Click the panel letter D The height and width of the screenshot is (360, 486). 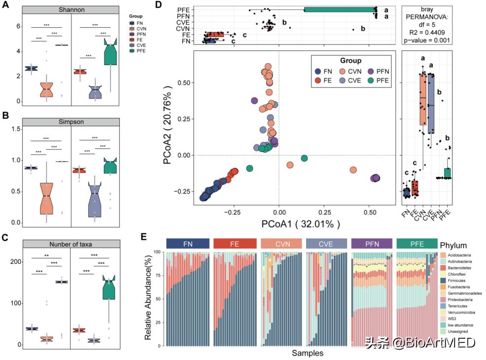point(159,5)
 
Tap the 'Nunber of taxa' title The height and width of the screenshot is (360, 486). point(71,244)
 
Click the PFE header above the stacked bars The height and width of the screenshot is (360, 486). point(417,243)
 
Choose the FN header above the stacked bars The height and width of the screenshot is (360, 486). point(188,243)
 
